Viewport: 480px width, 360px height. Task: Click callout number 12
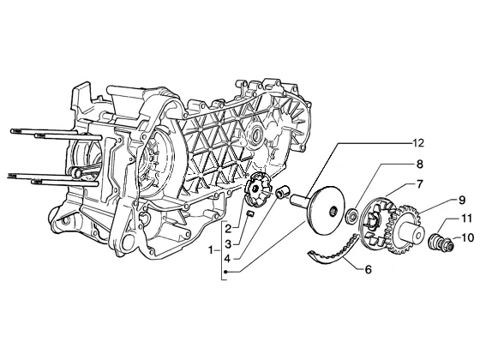click(418, 143)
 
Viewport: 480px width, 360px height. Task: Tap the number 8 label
click(419, 164)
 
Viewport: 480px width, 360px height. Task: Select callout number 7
click(420, 184)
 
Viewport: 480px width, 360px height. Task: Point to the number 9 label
click(462, 201)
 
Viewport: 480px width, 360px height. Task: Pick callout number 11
click(468, 219)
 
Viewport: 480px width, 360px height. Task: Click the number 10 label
click(468, 237)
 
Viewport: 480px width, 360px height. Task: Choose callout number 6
click(369, 269)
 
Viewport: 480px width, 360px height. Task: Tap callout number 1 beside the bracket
click(211, 250)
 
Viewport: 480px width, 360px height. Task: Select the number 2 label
click(228, 228)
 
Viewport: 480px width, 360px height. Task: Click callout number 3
click(228, 244)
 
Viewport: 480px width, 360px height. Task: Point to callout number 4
click(227, 259)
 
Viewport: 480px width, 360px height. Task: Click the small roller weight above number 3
click(250, 213)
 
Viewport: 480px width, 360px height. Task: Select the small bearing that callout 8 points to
click(351, 215)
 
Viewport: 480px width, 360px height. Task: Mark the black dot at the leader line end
click(226, 272)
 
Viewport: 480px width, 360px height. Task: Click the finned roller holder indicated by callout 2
click(258, 189)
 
